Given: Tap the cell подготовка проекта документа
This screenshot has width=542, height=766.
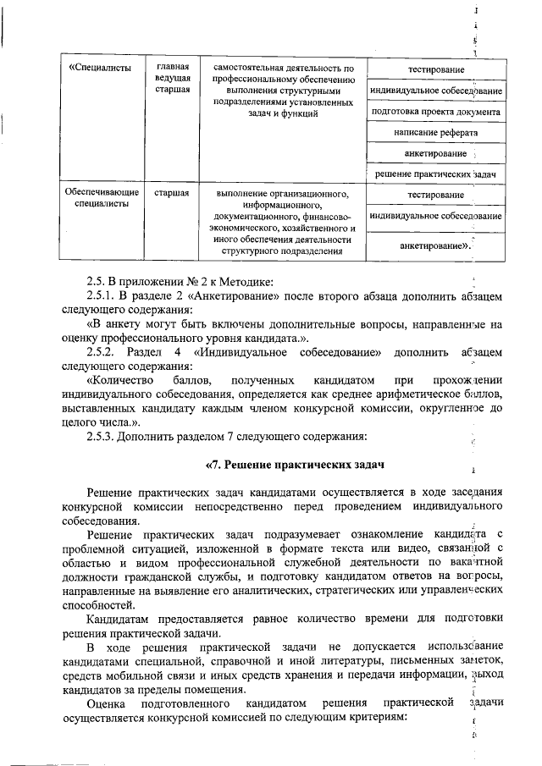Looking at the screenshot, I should pos(435,111).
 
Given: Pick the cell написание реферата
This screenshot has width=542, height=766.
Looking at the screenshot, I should pos(435,133).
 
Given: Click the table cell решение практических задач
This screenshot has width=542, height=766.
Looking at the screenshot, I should pos(435,174).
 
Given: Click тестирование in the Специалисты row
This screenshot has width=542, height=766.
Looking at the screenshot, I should pos(435,68).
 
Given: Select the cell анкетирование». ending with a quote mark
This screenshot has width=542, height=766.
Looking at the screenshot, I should pos(435,245).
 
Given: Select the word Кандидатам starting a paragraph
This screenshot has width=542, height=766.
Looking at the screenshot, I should pos(118,619).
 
